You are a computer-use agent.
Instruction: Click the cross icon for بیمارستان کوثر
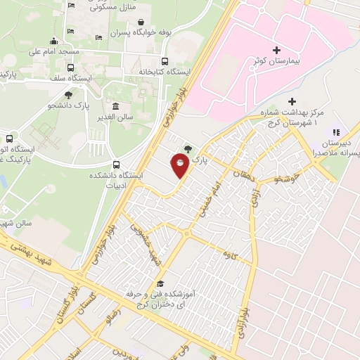point(276,50)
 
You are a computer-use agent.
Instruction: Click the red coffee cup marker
point(181,165)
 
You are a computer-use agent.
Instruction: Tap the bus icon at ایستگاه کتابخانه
point(165,60)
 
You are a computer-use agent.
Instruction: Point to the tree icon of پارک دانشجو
point(68,95)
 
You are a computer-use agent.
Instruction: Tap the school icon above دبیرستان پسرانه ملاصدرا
point(336,131)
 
